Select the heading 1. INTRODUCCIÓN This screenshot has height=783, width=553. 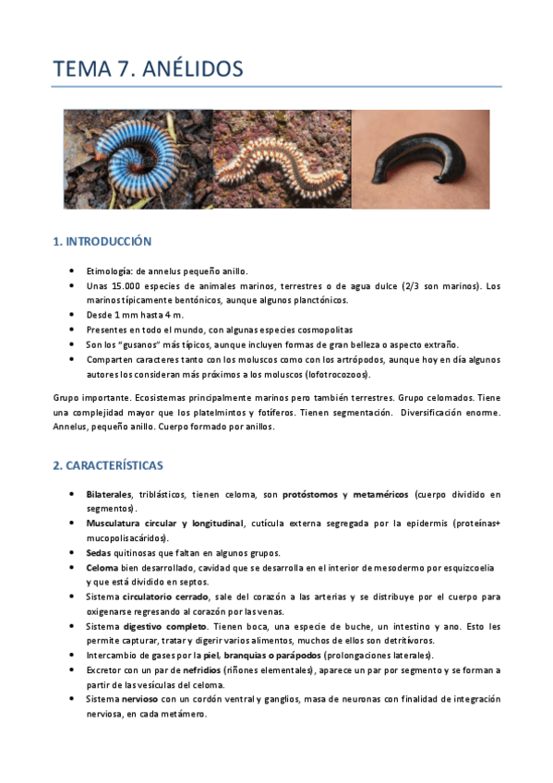pos(102,242)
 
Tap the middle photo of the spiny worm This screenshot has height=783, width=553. pos(282,159)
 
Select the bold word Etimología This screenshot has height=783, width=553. pos(109,271)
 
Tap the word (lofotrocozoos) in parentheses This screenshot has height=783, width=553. pos(341,374)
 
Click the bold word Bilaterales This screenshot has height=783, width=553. pos(109,495)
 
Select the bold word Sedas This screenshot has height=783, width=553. pos(99,552)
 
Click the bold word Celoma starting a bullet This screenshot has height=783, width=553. pos(102,567)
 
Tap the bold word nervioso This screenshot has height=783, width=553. pos(138,699)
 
